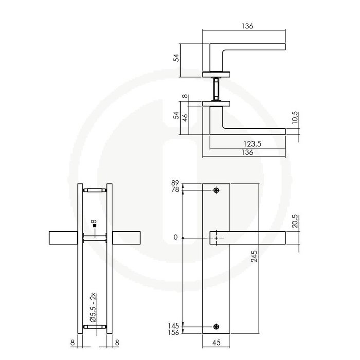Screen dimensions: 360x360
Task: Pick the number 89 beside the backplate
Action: (x=175, y=183)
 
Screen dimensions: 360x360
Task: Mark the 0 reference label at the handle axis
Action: (x=176, y=238)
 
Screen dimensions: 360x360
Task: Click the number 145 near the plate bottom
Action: (x=173, y=326)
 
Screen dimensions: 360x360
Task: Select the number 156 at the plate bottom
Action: (x=173, y=333)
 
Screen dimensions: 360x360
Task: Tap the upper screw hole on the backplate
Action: (x=216, y=191)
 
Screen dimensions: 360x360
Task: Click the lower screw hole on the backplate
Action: (x=216, y=326)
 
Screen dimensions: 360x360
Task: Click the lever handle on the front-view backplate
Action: (x=250, y=238)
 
